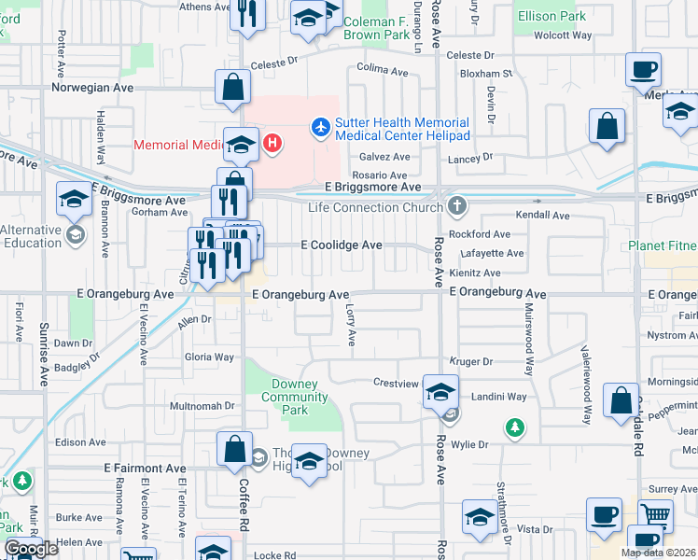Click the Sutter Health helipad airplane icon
321,125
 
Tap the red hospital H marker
272,143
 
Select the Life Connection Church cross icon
456,205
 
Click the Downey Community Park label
294,397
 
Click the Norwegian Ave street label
92,88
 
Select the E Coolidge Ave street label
342,245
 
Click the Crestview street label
393,383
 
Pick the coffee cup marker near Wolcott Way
644,69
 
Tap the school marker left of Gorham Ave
74,198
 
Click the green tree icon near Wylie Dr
513,428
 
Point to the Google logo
31,549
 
